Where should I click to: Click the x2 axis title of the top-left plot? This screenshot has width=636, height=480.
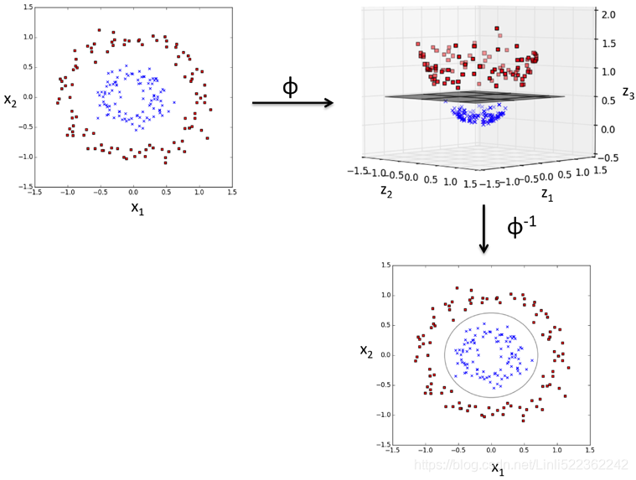tap(11, 100)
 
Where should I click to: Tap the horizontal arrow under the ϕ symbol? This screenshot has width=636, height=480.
tap(292, 103)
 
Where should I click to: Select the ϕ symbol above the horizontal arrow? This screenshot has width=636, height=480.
tap(290, 85)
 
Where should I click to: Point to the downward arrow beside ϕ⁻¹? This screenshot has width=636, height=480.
tap(483, 230)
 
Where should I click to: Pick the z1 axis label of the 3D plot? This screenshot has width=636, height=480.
tap(547, 194)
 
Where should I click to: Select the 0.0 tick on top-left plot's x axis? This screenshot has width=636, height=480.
tap(133, 193)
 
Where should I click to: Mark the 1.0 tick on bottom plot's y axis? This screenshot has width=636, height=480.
tap(385, 295)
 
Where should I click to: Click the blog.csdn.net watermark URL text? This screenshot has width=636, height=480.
tap(521, 463)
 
